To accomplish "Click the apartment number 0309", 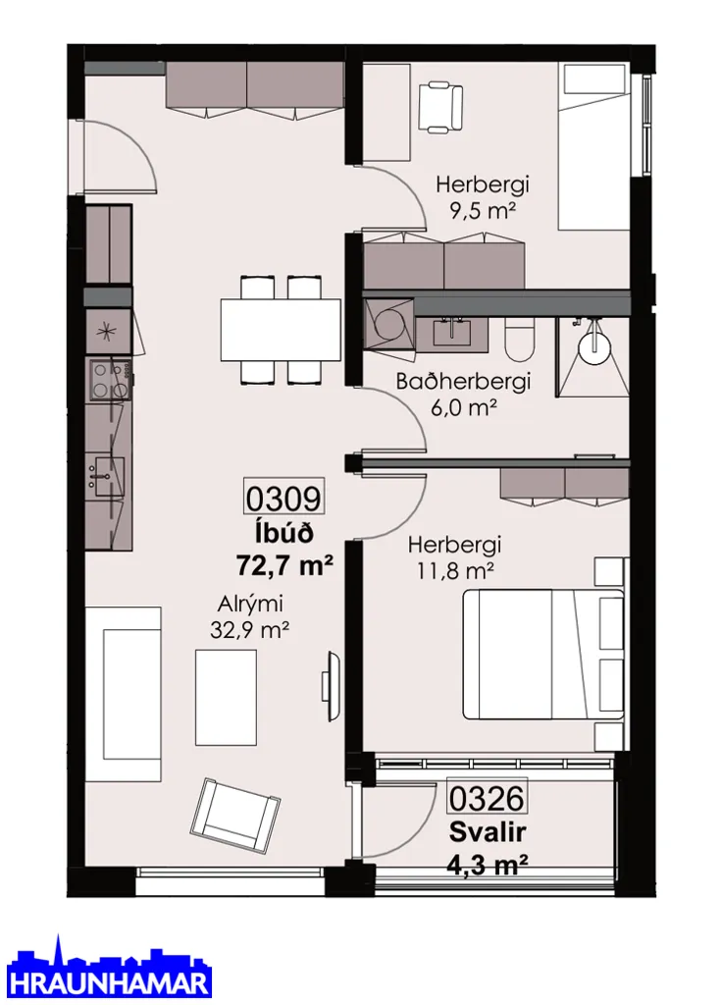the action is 283,497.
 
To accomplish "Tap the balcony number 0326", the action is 487,798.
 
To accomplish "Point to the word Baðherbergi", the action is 463,382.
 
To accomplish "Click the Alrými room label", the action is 250,604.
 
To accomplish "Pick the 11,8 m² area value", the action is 455,570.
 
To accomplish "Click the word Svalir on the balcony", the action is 488,832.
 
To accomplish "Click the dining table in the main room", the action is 281,330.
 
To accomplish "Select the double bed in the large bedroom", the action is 543,654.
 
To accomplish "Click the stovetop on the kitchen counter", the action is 109,380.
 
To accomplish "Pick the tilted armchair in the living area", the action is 235,816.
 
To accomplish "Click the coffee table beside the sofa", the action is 227,698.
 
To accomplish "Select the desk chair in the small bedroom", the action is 440,107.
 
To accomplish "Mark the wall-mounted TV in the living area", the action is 330,686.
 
